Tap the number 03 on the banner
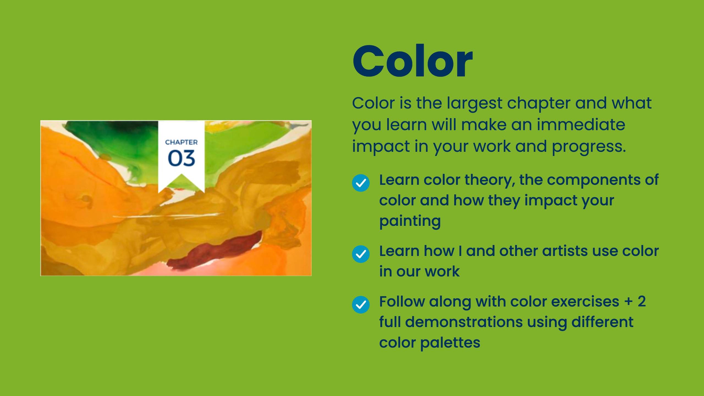click(182, 158)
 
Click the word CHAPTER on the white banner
click(181, 142)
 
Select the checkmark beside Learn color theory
click(361, 183)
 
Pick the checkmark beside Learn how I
click(361, 254)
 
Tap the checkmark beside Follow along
click(361, 305)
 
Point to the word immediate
click(581, 124)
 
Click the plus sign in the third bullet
click(628, 302)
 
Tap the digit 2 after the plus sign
click(642, 301)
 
